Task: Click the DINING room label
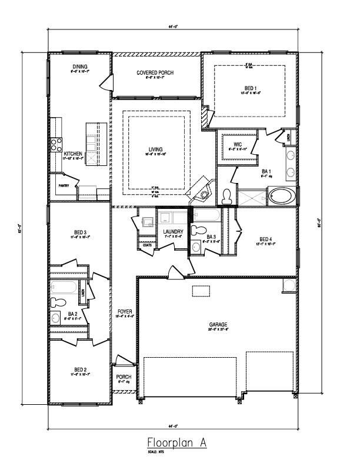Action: [79, 67]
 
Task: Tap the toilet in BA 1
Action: [227, 196]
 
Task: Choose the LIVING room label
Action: [156, 149]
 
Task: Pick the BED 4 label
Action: [266, 239]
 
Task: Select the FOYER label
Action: [125, 311]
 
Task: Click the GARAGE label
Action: [218, 324]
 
